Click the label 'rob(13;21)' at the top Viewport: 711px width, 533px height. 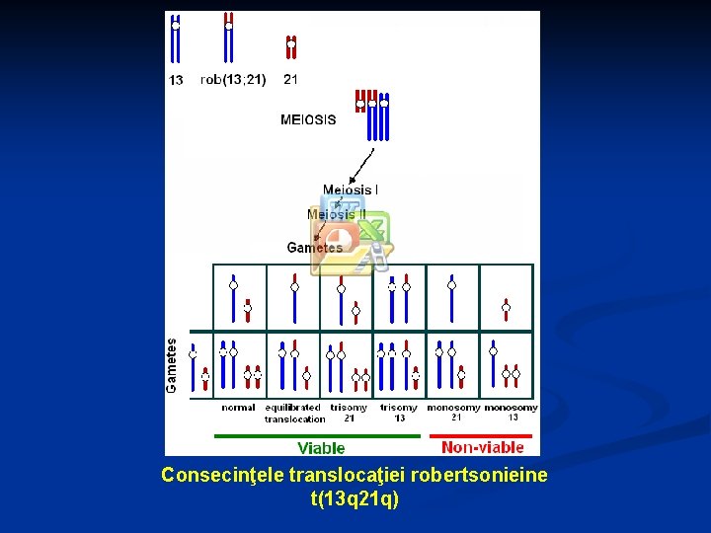(233, 79)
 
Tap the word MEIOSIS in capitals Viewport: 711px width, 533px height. (308, 120)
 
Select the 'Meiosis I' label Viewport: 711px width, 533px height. (351, 190)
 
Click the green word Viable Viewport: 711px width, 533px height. (321, 448)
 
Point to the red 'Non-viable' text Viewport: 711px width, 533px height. (483, 447)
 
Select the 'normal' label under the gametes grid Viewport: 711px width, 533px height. (238, 407)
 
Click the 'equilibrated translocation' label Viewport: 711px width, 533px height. (294, 413)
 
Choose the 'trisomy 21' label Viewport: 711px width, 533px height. (349, 413)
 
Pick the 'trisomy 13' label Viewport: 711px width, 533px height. (399, 413)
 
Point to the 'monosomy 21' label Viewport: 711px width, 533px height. (454, 413)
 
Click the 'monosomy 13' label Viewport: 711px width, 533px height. (512, 413)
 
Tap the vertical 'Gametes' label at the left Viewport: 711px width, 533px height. (172, 365)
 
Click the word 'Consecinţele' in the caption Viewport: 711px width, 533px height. (223, 476)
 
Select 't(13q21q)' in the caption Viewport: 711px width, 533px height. (355, 499)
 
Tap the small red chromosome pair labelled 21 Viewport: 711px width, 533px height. (290, 46)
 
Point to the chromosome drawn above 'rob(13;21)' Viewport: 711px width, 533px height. (228, 38)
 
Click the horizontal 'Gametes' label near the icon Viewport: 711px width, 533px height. (314, 248)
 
